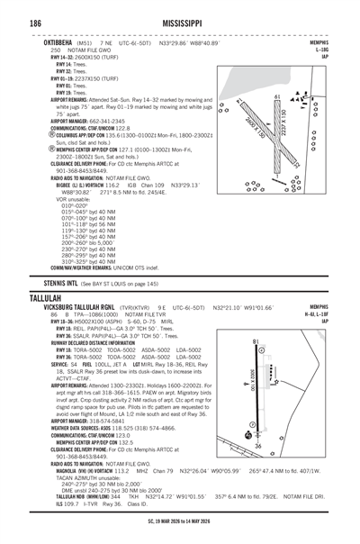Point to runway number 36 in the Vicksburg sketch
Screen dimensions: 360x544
pyautogui.click(x=261, y=469)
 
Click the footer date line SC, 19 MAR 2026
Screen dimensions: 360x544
pyautogui.click(x=180, y=533)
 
